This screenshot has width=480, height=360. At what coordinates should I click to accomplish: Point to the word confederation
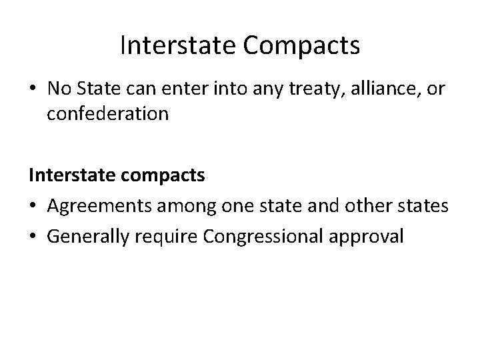(108, 114)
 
